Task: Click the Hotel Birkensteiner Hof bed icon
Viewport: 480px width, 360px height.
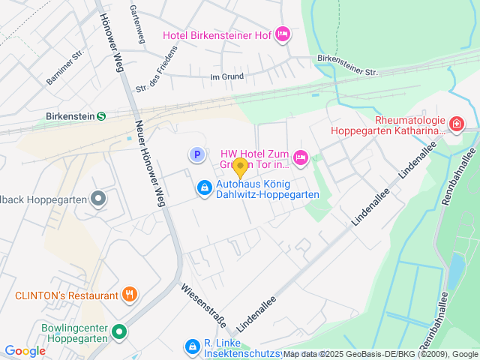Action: (283, 34)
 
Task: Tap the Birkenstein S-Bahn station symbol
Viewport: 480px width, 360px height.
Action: (101, 116)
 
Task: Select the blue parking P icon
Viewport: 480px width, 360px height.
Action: (196, 154)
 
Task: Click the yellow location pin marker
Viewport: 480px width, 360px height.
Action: (240, 167)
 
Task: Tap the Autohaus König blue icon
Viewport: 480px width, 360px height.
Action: (203, 188)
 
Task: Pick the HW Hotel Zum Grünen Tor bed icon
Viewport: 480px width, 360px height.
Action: (300, 157)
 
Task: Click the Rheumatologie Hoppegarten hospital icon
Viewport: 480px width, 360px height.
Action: (456, 122)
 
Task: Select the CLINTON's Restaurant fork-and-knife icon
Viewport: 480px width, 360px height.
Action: (130, 295)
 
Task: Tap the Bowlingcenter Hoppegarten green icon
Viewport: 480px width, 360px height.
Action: (118, 331)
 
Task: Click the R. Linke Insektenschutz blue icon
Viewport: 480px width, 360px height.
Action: (192, 346)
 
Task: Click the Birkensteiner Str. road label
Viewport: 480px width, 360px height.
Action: (347, 65)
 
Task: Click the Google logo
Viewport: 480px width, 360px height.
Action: (25, 350)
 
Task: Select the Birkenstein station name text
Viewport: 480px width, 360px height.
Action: (69, 116)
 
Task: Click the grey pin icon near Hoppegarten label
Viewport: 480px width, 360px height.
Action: (98, 199)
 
